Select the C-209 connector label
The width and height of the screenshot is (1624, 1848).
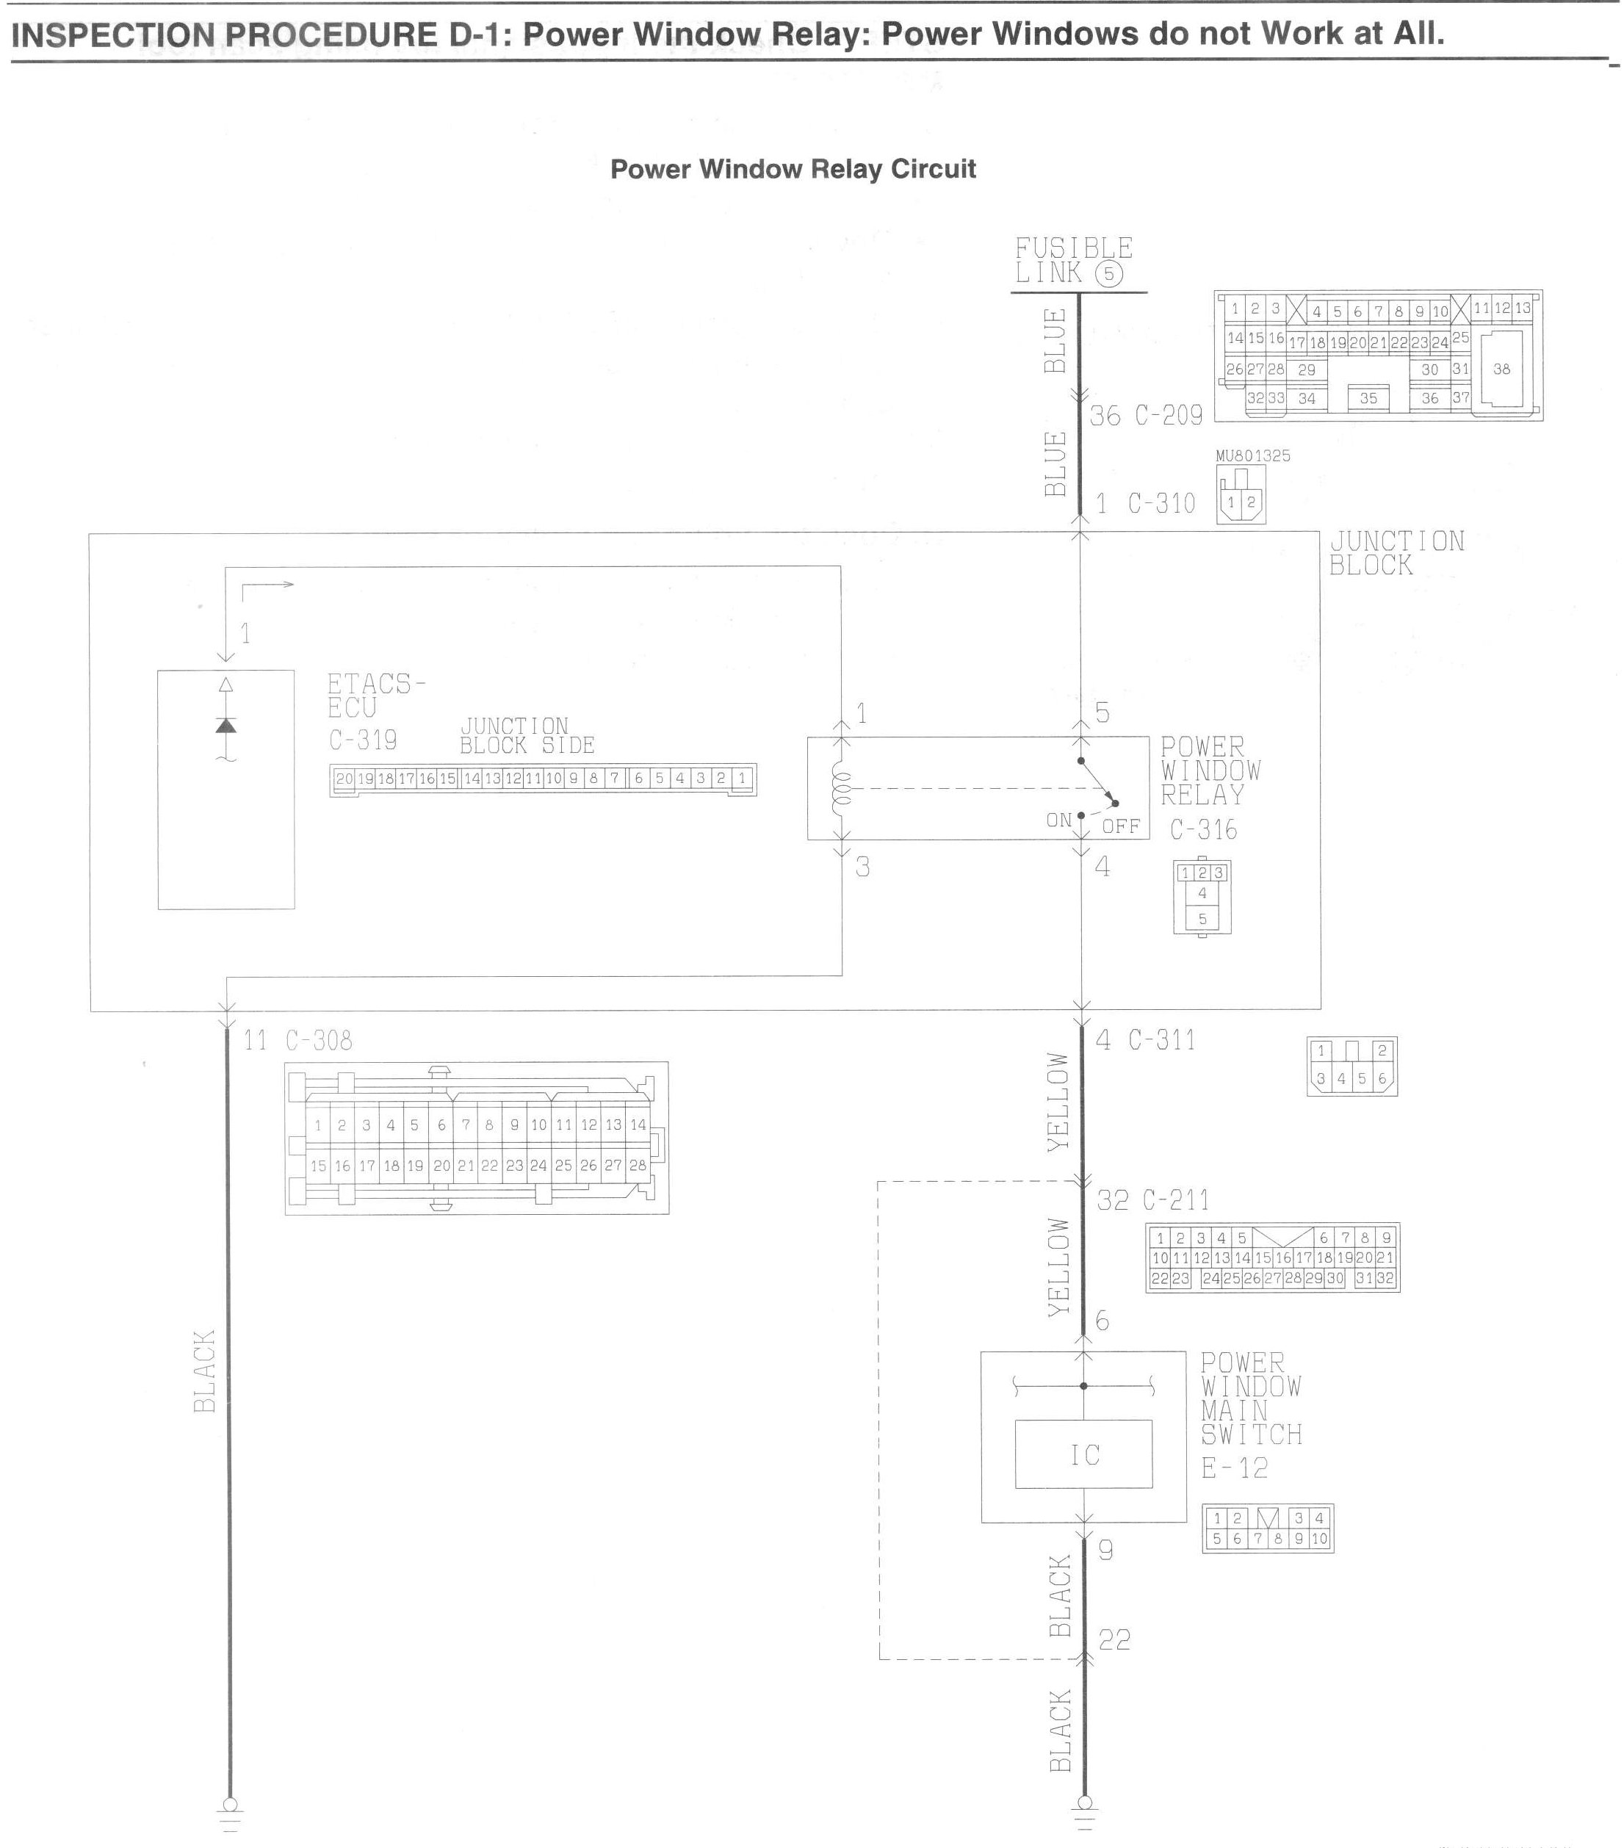pos(1169,415)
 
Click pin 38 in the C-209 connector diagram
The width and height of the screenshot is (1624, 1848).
pos(1501,369)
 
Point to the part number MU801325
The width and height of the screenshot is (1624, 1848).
pos(1252,455)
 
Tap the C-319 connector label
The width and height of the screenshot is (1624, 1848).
pos(363,740)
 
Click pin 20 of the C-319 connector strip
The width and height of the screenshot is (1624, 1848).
pos(344,779)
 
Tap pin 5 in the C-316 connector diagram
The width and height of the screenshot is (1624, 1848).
pos(1202,919)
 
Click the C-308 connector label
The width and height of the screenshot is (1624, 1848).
pos(318,1041)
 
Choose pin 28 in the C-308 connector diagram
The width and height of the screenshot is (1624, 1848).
pos(638,1166)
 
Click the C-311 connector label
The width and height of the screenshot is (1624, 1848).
pos(1161,1041)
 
